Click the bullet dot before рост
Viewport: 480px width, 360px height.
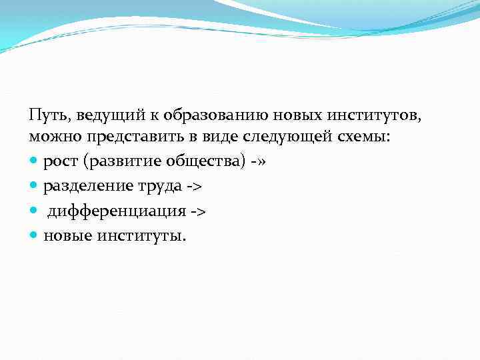[x=35, y=161]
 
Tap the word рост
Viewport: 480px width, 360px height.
[x=61, y=161]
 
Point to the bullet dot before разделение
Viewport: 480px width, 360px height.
[x=35, y=185]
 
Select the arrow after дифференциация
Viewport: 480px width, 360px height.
[x=197, y=211]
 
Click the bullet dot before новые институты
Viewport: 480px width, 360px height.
[x=35, y=235]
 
